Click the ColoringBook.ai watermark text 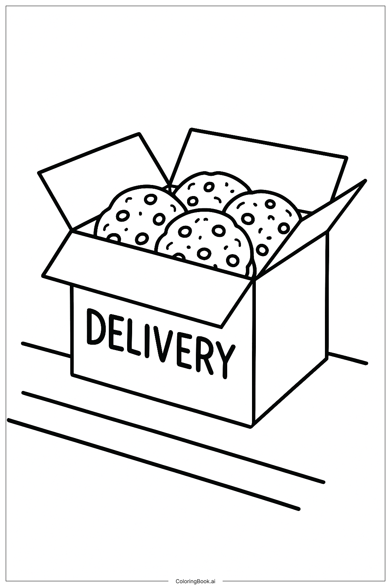click(195, 581)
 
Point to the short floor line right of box click(348, 358)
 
